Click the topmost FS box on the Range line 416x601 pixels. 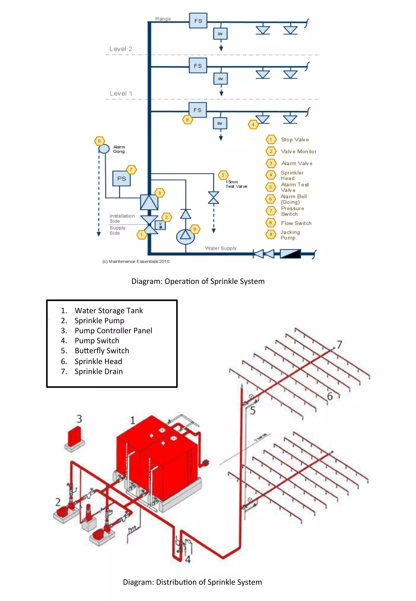pyautogui.click(x=198, y=21)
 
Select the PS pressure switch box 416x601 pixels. pyautogui.click(x=121, y=179)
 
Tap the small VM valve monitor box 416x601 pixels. pyautogui.click(x=160, y=225)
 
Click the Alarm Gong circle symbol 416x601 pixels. pyautogui.click(x=104, y=149)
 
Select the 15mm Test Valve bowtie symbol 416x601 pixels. pyautogui.click(x=213, y=198)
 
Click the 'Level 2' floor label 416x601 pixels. pyautogui.click(x=121, y=49)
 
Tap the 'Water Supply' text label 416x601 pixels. pyautogui.click(x=221, y=248)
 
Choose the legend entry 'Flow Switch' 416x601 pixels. pyautogui.click(x=296, y=223)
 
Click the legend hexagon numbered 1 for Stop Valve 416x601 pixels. pyautogui.click(x=271, y=139)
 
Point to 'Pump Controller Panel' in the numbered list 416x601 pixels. pyautogui.click(x=113, y=330)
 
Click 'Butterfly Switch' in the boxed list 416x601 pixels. pyautogui.click(x=102, y=351)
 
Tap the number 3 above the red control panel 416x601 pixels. pyautogui.click(x=79, y=419)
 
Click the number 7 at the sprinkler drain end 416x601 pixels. pyautogui.click(x=339, y=344)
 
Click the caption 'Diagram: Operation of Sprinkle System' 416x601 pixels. pyautogui.click(x=198, y=281)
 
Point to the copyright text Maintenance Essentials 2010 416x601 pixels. pyautogui.click(x=136, y=261)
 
